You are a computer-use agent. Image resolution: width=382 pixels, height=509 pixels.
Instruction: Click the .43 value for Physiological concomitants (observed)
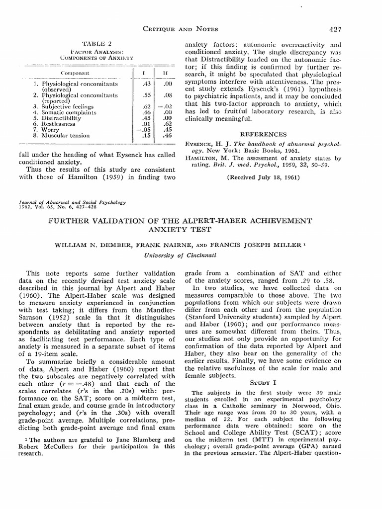(x=146, y=85)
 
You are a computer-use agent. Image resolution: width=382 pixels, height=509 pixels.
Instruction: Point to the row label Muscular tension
(x=65, y=135)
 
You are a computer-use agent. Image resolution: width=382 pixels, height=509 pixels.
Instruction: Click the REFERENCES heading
(x=263, y=134)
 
